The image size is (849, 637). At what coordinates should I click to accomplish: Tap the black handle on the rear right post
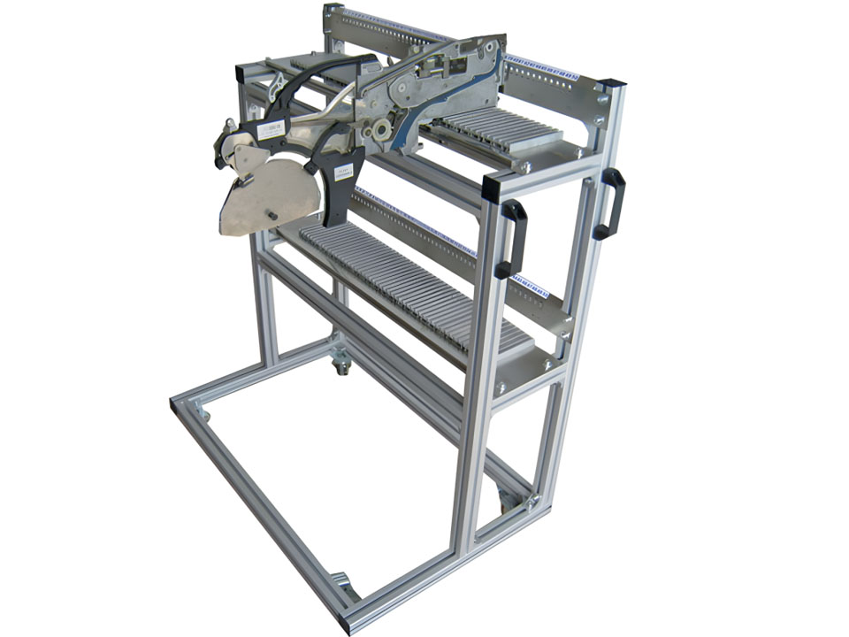click(609, 203)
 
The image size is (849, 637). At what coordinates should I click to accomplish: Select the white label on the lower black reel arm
click(343, 172)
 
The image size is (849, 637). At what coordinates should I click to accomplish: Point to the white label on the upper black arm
click(271, 130)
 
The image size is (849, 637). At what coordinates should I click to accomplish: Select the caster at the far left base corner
click(203, 412)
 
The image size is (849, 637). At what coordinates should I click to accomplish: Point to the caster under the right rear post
click(509, 501)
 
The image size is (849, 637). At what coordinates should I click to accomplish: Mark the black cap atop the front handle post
click(493, 183)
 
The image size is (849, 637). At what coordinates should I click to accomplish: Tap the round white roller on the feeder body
click(383, 130)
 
